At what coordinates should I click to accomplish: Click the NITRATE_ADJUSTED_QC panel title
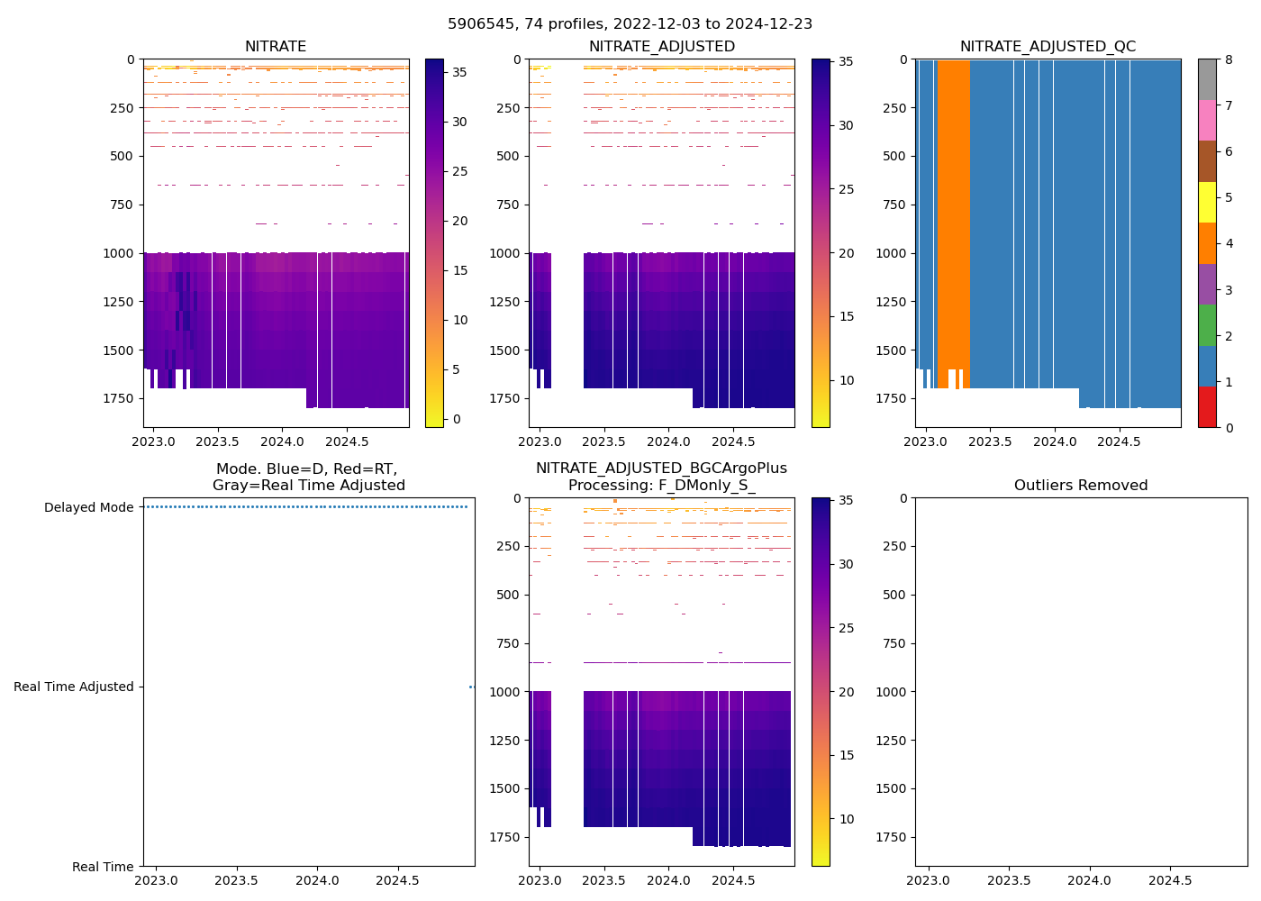tap(1048, 46)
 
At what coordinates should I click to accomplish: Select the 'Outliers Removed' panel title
tap(1081, 485)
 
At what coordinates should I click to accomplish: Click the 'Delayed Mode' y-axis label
tap(88, 507)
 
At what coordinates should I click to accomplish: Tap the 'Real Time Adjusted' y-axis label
tap(73, 687)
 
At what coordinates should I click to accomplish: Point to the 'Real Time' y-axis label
tap(103, 867)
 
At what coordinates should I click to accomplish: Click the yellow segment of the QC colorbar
tap(1207, 202)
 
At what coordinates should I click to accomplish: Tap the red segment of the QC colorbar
tap(1207, 407)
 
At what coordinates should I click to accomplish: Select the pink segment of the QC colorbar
tap(1207, 120)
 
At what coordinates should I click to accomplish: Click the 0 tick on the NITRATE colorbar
tap(457, 419)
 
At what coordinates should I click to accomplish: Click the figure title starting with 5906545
tap(630, 23)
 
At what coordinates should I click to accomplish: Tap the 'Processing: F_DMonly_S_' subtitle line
tap(661, 485)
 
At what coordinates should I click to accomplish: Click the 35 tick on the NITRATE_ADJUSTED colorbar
tap(846, 61)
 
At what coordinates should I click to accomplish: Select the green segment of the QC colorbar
tap(1207, 325)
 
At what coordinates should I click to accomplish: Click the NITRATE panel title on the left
tap(276, 46)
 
